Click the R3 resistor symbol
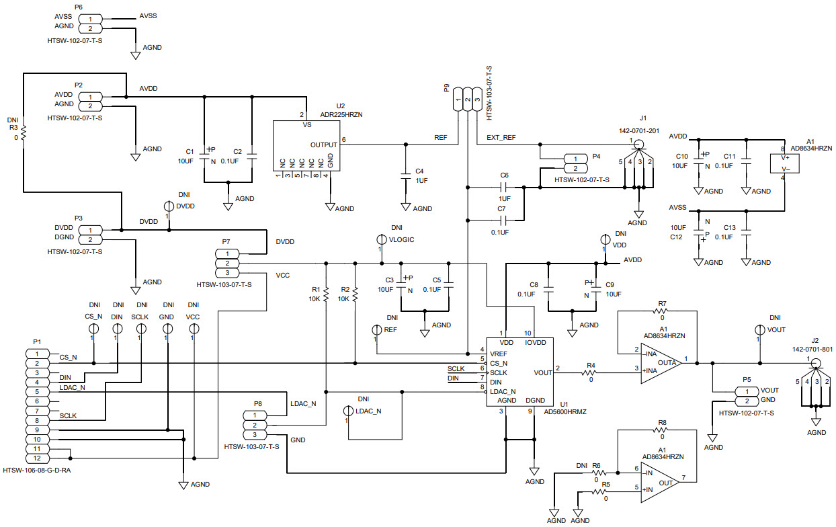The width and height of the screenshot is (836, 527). coord(23,133)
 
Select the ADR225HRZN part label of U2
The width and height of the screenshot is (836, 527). coord(341,115)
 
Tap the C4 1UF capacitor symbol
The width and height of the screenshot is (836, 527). coord(405,175)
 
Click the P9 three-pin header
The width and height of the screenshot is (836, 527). coord(468,100)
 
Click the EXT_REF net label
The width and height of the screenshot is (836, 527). coord(501,138)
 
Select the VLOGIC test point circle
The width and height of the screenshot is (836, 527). coord(380,239)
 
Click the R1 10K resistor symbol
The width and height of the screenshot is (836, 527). coord(326,294)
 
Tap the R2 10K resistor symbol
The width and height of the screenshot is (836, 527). coord(355,294)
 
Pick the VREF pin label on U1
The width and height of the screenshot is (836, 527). coord(499,353)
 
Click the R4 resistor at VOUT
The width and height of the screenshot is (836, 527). coord(591,372)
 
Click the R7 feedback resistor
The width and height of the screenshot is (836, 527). coord(662,312)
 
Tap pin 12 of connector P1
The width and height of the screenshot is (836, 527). coord(37,458)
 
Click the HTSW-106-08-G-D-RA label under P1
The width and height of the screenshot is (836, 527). coord(37,471)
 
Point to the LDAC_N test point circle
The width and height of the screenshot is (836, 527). coord(349,411)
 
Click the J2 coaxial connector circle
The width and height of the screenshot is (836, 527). coord(816,364)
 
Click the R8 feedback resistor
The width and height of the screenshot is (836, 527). coord(662,431)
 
